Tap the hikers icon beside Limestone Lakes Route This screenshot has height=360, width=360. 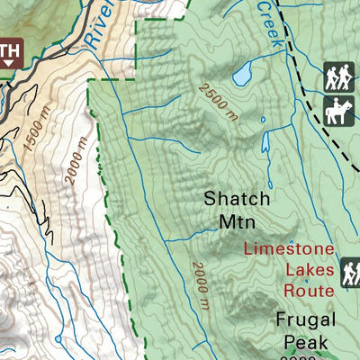[x=351, y=272]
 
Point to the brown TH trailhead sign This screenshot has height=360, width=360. [x=9, y=55]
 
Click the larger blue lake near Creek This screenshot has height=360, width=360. [x=242, y=76]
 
